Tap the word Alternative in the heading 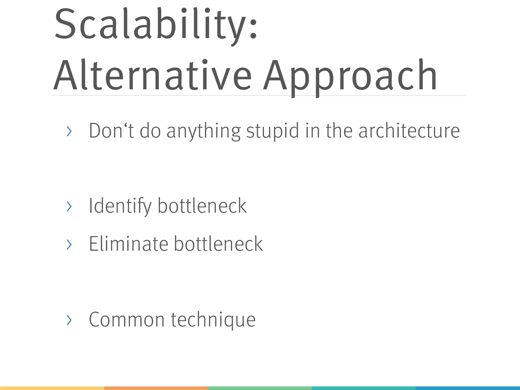[152, 75]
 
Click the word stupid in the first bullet [272, 131]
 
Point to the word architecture [409, 131]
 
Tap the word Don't [111, 131]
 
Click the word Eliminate [128, 244]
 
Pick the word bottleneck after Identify [202, 206]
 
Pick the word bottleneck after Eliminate [218, 244]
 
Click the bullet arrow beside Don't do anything [69, 131]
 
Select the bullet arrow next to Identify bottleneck [69, 206]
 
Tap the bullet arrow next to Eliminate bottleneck [69, 244]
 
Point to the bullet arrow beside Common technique [69, 320]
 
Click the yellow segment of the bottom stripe [52, 388]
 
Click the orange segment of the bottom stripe [156, 388]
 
